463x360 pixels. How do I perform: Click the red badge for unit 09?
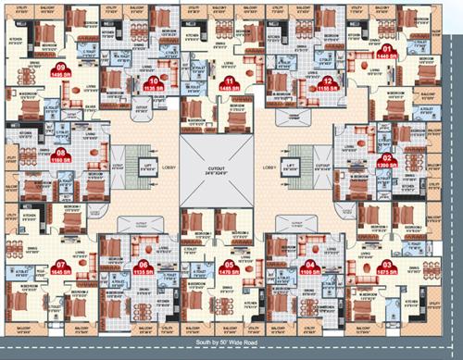(62, 70)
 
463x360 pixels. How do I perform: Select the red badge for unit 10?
(155, 83)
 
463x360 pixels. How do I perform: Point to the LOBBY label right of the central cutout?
(269, 168)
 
